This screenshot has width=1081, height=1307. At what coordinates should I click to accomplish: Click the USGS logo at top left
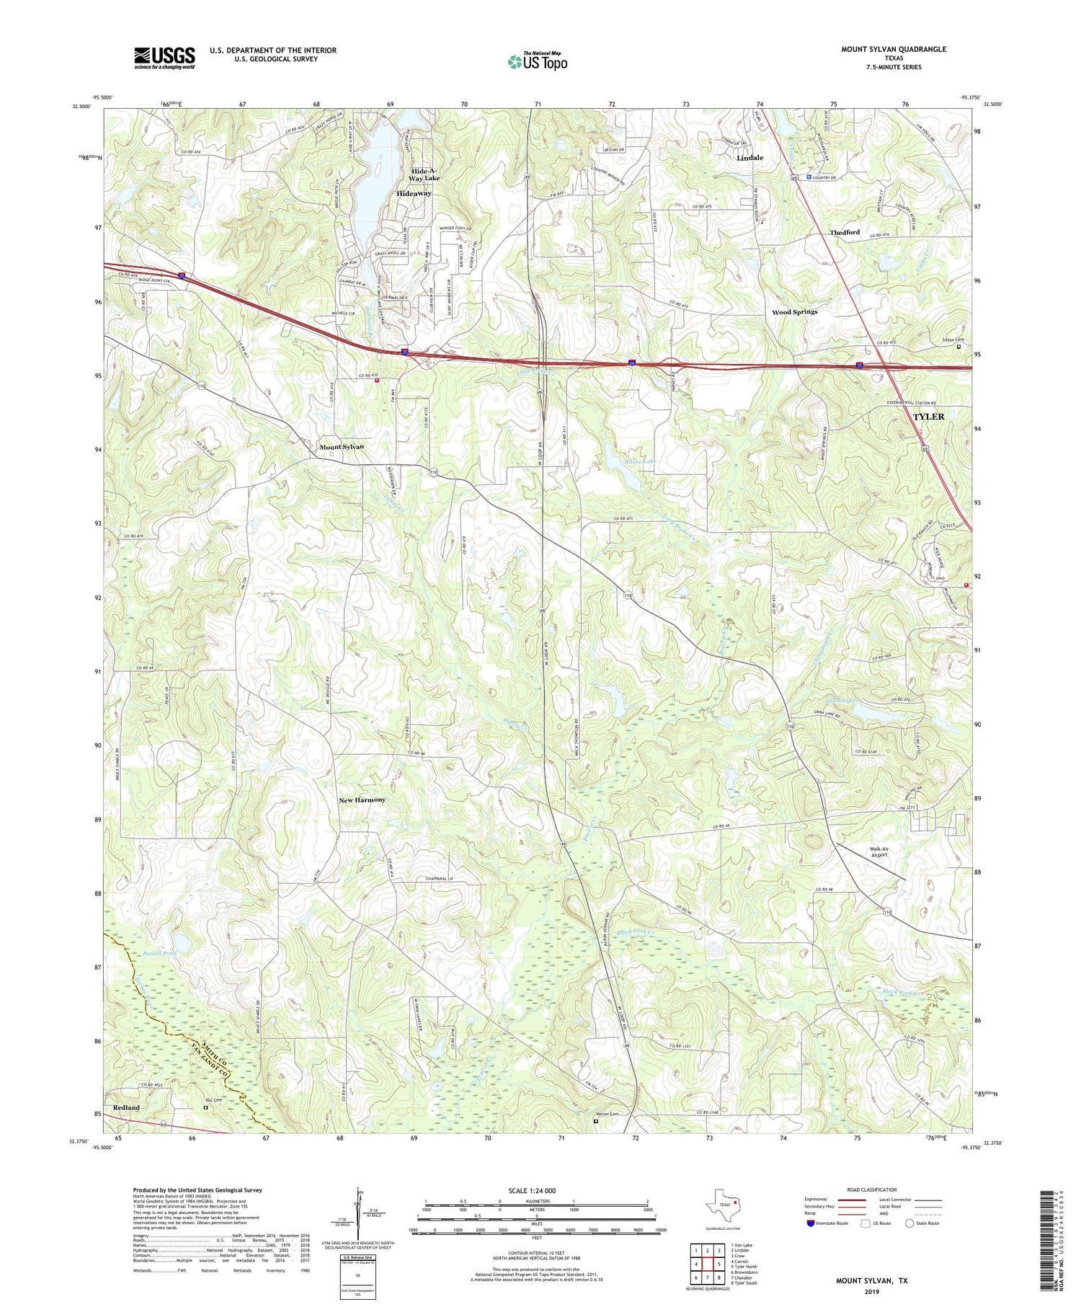164,58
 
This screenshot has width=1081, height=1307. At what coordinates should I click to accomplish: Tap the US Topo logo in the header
537,61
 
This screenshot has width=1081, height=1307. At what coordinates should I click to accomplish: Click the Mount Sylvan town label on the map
342,447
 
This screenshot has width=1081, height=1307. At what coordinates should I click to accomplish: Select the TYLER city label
928,417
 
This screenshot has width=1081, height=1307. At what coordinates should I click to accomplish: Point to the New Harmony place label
362,799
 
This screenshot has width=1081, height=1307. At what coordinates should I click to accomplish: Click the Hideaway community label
414,194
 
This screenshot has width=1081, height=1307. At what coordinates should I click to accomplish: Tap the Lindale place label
750,157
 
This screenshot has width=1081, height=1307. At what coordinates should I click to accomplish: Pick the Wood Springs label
794,312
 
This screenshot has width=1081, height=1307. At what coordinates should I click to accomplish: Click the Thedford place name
844,232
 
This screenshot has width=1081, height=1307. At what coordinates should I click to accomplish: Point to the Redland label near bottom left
126,1107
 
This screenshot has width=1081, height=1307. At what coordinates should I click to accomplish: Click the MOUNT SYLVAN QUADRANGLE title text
894,49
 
